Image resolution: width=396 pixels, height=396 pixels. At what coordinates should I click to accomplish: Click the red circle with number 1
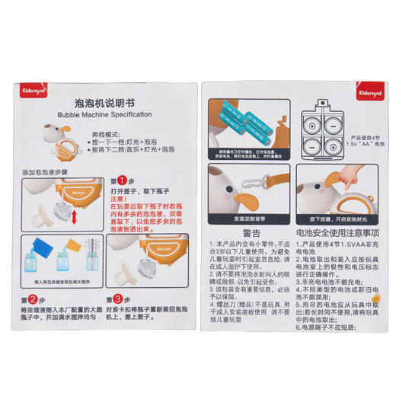point(120,181)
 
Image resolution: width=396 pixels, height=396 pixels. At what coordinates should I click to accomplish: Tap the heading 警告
point(252,233)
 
